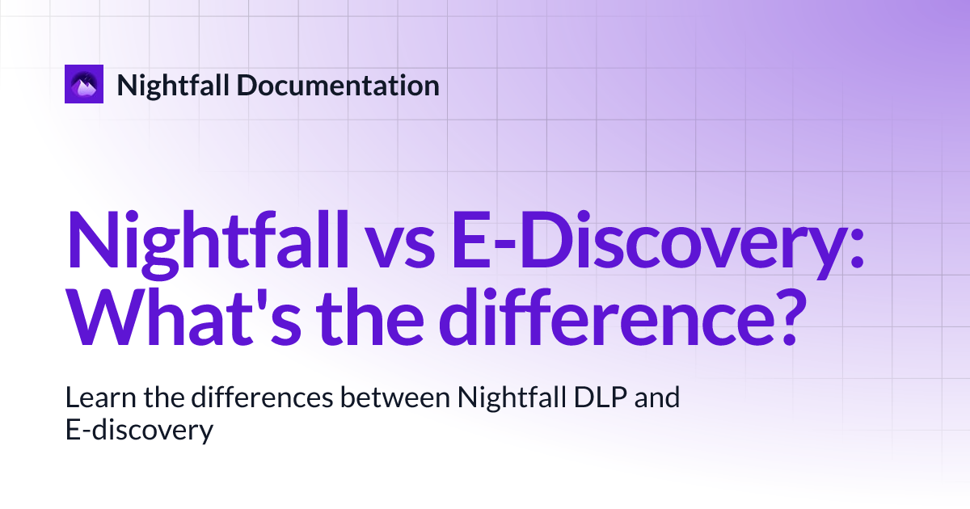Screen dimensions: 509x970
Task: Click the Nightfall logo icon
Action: (84, 84)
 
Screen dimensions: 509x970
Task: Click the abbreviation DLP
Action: (605, 398)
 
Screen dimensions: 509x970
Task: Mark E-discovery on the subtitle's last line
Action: (138, 431)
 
